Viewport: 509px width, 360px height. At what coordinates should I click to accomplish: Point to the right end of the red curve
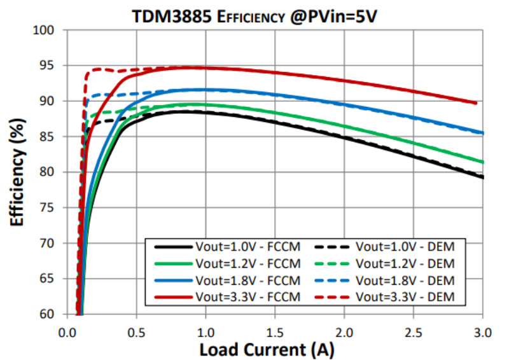(476, 102)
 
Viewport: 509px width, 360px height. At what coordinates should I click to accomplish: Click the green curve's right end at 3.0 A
(482, 162)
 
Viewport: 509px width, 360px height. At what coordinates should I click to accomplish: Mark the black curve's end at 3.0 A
(482, 177)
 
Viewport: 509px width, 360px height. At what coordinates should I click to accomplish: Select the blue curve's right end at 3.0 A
(482, 133)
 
